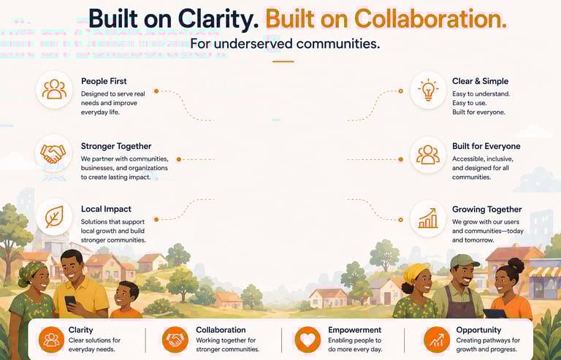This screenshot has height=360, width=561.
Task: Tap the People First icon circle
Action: tap(54, 90)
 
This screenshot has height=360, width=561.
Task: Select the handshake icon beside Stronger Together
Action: tap(54, 153)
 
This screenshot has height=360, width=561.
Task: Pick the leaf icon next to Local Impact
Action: tap(54, 217)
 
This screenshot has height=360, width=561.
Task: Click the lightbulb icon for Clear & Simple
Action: tap(428, 90)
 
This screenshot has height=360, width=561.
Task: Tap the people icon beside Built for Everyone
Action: tap(428, 153)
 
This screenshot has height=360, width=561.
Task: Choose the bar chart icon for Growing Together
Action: tap(428, 217)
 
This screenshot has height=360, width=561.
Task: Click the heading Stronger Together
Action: tap(116, 146)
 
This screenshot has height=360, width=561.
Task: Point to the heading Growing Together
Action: tap(486, 210)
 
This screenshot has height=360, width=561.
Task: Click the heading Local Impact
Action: tap(107, 210)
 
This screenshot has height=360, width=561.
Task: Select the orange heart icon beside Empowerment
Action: tap(308, 340)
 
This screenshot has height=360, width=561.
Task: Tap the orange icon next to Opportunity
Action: tap(437, 340)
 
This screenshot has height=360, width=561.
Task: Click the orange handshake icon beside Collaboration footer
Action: tap(175, 340)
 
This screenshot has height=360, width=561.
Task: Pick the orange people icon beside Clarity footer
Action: tap(52, 340)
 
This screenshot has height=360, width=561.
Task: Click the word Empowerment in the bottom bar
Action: tap(355, 330)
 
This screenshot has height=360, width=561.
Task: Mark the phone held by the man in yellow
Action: tap(70, 301)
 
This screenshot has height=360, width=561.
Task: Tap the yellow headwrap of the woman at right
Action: tap(414, 272)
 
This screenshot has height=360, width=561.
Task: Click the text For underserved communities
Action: tap(284, 44)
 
